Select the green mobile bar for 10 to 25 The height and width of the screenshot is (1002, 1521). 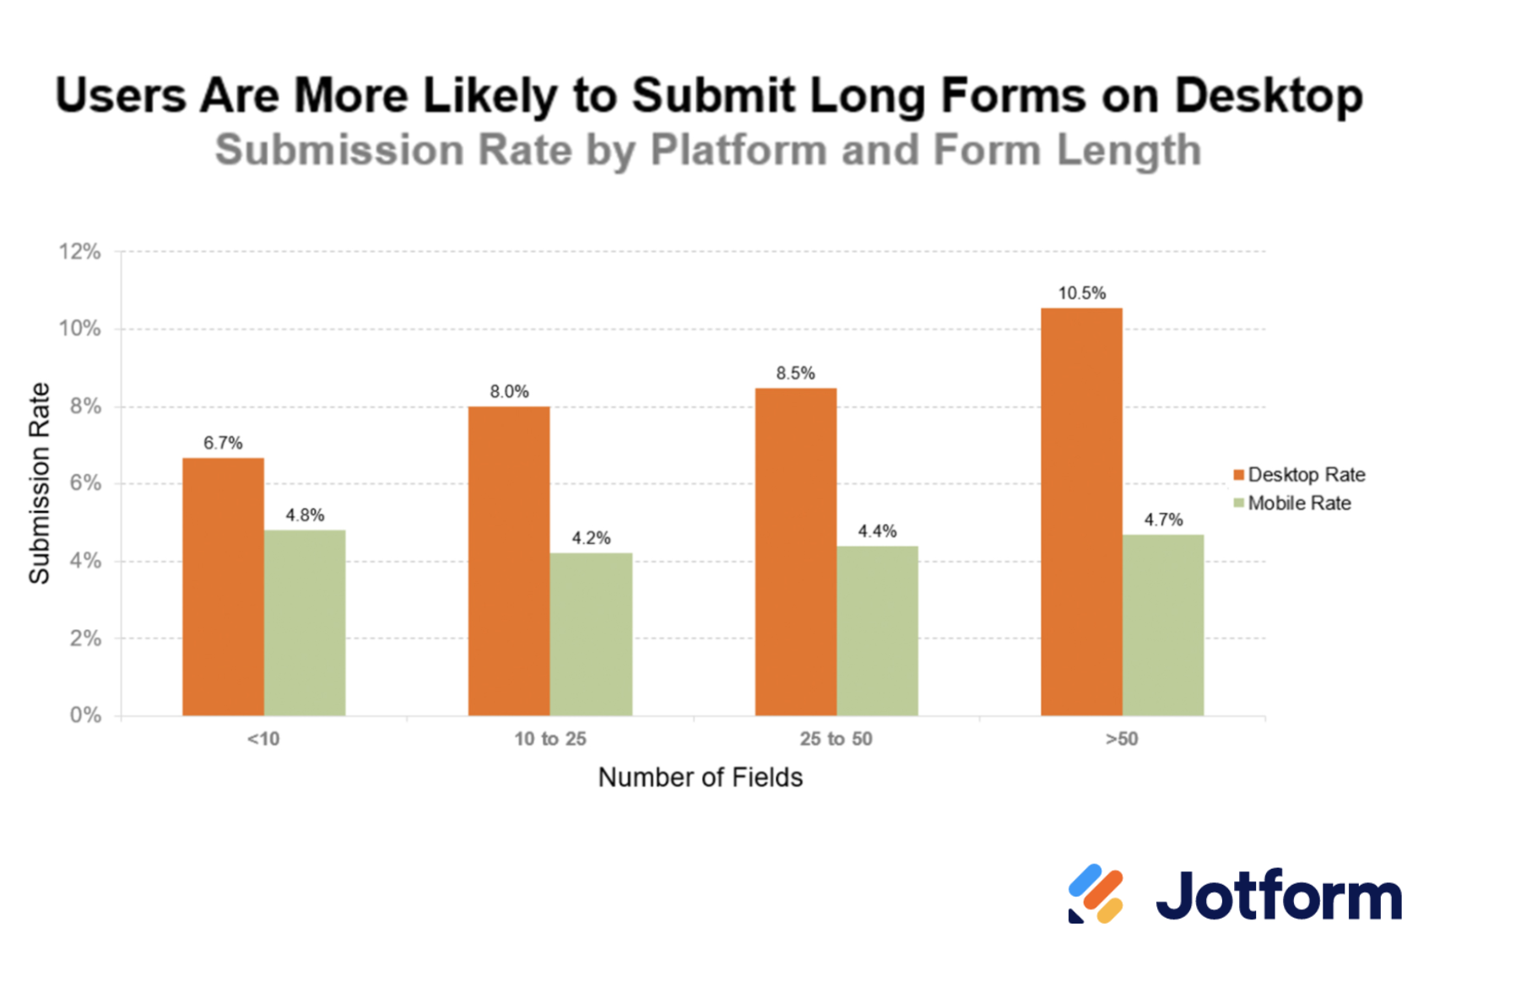point(591,634)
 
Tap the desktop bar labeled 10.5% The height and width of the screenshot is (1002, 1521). point(1081,512)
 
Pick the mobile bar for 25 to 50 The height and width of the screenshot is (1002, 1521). point(877,631)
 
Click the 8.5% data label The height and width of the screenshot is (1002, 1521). point(795,374)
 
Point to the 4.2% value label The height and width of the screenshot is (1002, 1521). point(591,538)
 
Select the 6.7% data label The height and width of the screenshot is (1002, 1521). point(223,444)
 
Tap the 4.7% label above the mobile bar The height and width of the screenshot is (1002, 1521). point(1163,520)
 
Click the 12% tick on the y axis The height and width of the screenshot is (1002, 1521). point(79,251)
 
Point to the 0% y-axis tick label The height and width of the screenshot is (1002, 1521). point(85,715)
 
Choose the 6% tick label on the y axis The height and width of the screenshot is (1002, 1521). point(84,483)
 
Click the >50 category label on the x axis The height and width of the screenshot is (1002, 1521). point(1122,739)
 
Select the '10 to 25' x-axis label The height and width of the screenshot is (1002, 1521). point(550,739)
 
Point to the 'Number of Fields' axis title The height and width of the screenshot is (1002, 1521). point(701,777)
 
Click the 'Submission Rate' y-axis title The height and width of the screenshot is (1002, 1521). point(40,482)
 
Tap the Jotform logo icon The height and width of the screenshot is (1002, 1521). point(1095,894)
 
